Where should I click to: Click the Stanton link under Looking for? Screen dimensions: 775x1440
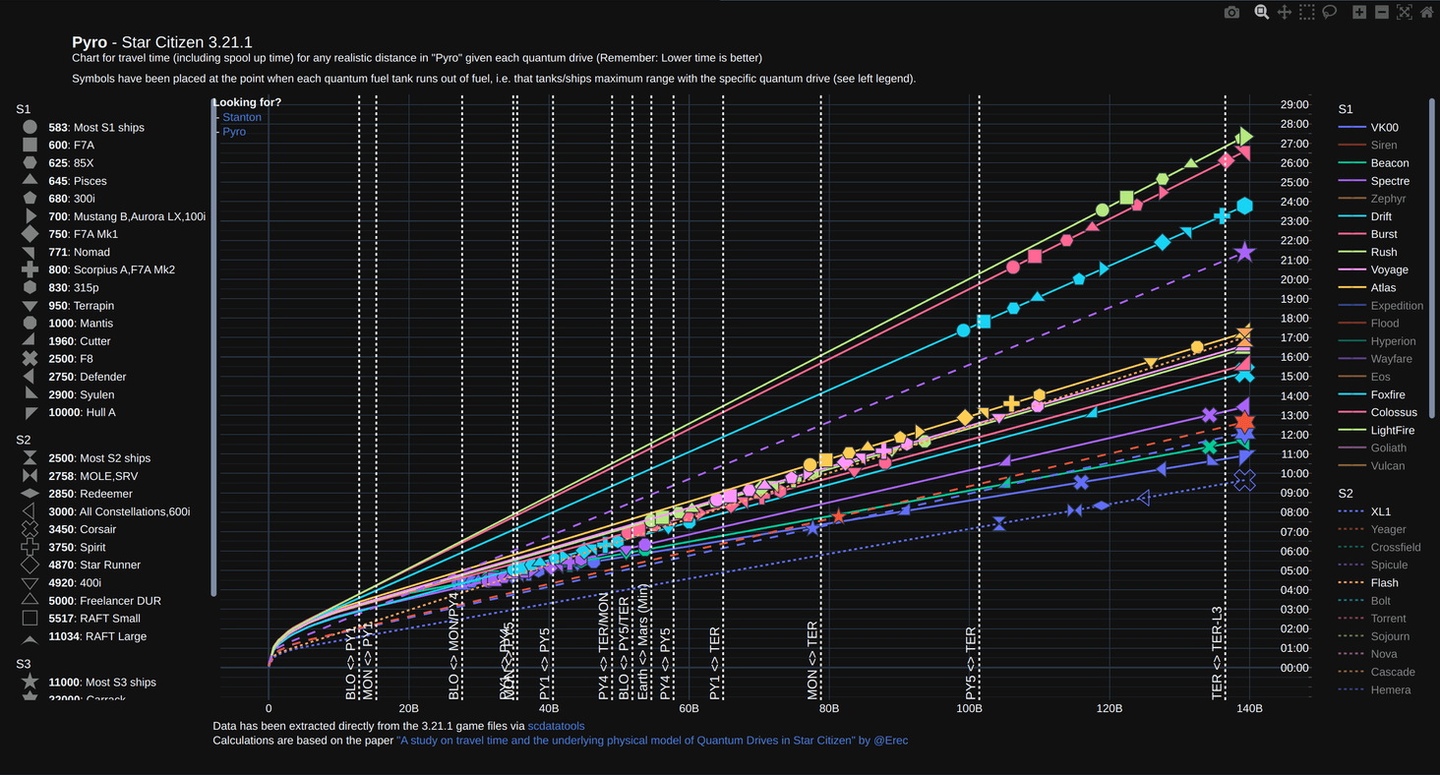(x=242, y=117)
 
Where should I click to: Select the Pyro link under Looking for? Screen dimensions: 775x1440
(x=234, y=132)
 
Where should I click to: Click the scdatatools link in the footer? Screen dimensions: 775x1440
(x=556, y=726)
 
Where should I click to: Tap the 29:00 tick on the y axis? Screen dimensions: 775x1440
(x=1294, y=104)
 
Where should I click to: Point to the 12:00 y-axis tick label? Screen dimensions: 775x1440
(x=1294, y=435)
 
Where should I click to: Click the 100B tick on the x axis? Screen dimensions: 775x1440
(x=969, y=708)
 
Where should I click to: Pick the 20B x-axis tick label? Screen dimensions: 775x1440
(x=408, y=708)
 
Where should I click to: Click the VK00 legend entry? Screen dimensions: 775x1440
(x=1384, y=128)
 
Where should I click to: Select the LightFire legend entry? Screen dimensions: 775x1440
(x=1392, y=431)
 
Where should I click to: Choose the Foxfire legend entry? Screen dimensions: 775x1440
(x=1388, y=395)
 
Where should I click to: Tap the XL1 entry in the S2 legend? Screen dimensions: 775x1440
(x=1380, y=512)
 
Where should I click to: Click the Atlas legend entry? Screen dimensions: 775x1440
(x=1383, y=288)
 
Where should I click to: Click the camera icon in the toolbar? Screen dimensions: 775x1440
(x=1231, y=12)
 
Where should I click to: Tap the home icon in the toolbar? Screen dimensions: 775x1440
(x=1426, y=12)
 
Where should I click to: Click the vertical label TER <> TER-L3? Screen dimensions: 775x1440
(x=1217, y=652)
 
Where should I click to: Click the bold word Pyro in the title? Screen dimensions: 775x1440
(x=90, y=42)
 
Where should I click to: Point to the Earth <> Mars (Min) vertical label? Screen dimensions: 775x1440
(x=643, y=641)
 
